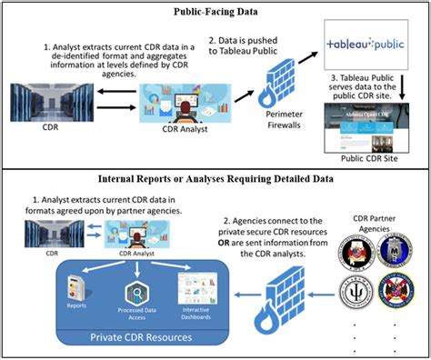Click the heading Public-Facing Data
215,12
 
